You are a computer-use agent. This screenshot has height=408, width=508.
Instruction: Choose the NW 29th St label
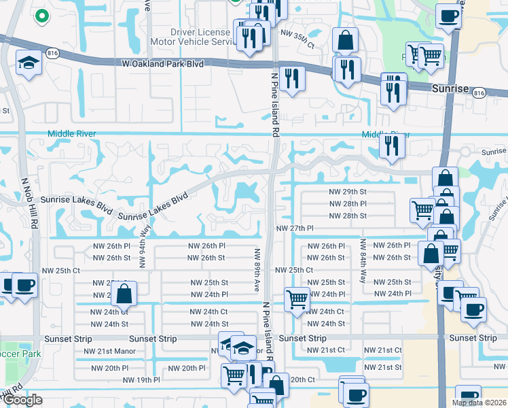[x=348, y=192]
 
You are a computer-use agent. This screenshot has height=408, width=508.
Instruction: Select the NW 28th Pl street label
[x=348, y=204]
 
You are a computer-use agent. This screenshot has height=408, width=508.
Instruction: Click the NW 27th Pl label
[x=295, y=228]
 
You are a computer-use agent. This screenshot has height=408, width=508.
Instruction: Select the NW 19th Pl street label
[x=141, y=379]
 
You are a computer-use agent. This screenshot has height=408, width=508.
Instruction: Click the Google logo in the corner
[x=22, y=400]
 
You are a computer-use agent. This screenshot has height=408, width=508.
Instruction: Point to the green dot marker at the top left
[x=41, y=14]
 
